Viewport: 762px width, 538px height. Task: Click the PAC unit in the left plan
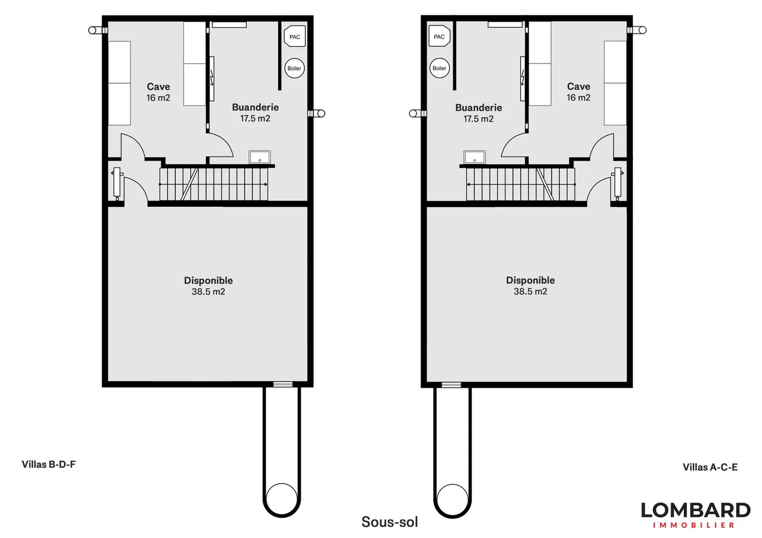(x=295, y=37)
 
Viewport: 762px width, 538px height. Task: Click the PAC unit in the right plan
(x=439, y=36)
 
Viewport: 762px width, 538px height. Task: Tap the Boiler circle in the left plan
(x=294, y=68)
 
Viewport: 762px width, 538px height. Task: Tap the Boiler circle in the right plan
(x=439, y=68)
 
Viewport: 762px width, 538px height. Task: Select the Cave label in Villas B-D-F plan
(x=158, y=87)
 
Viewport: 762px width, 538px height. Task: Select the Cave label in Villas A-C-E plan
(x=578, y=86)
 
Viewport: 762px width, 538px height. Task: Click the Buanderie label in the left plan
(x=255, y=107)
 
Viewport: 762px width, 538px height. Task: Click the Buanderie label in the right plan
(x=478, y=108)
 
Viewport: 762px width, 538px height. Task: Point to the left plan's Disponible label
(x=208, y=281)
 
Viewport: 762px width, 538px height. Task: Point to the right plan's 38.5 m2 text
(x=530, y=292)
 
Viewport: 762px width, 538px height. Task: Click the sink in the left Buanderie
(x=260, y=157)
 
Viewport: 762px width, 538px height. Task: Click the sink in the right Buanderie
(x=475, y=157)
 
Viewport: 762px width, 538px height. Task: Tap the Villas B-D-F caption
(x=49, y=465)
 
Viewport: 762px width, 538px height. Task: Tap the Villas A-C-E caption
(x=710, y=467)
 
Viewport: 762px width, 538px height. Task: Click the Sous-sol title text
(x=389, y=522)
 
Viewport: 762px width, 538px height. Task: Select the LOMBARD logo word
(x=695, y=510)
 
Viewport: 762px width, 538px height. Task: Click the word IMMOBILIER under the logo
(x=694, y=525)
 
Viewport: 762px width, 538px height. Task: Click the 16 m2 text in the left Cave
(x=158, y=98)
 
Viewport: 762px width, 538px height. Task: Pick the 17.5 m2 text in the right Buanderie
(x=478, y=119)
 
